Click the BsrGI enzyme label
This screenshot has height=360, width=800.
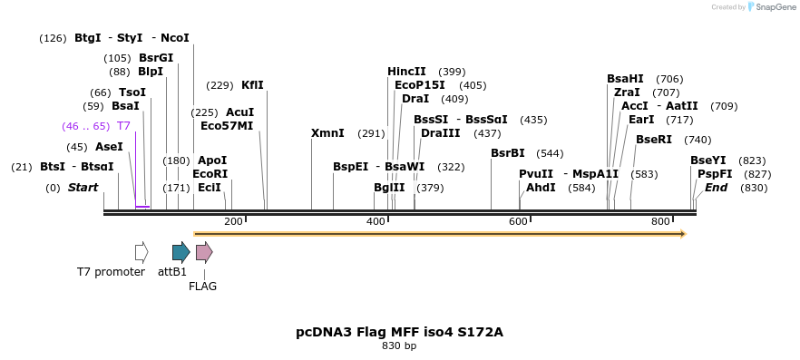click(156, 58)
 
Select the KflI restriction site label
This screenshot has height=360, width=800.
click(252, 85)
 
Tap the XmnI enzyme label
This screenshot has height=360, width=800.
click(327, 133)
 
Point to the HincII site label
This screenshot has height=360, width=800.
click(406, 72)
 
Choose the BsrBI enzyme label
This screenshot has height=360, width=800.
click(508, 153)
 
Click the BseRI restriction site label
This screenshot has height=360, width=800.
click(654, 140)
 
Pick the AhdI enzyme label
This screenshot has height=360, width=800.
click(541, 188)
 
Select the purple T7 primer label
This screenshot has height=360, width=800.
click(123, 126)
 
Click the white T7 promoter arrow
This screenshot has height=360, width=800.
click(141, 252)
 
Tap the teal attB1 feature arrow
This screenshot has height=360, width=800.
click(180, 252)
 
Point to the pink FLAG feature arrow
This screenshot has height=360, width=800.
click(204, 252)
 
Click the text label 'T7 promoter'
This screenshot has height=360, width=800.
click(111, 272)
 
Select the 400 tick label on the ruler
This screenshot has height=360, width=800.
click(376, 222)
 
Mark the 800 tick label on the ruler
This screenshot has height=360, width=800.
click(660, 222)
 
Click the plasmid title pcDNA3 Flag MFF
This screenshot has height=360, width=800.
click(399, 332)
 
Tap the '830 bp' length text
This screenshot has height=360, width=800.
click(399, 346)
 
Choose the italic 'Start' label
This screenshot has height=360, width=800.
click(83, 188)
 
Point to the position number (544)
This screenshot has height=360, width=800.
click(550, 153)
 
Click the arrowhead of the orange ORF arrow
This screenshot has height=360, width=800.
click(683, 234)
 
